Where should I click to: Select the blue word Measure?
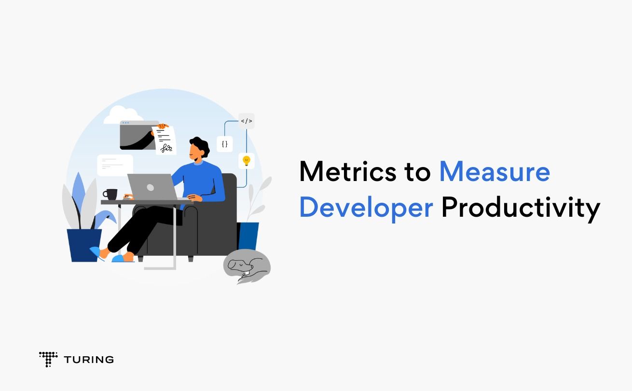click(x=495, y=171)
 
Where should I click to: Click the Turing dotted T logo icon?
click(x=48, y=359)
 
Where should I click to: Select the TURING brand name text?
click(x=89, y=360)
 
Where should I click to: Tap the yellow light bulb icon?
click(x=247, y=161)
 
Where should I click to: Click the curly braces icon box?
click(x=225, y=144)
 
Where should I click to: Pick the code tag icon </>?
click(x=247, y=121)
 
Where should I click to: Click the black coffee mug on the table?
click(x=110, y=194)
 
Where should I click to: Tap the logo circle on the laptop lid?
click(x=151, y=187)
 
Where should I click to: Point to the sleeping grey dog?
click(x=247, y=266)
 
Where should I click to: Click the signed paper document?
click(x=165, y=140)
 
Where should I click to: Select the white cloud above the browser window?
click(x=124, y=115)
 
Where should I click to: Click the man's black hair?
click(x=201, y=145)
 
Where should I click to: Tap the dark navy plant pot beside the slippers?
click(x=84, y=245)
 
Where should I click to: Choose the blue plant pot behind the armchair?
click(x=248, y=236)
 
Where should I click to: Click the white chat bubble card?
click(x=115, y=165)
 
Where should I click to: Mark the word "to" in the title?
click(x=418, y=172)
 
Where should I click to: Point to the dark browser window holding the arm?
click(x=138, y=135)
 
